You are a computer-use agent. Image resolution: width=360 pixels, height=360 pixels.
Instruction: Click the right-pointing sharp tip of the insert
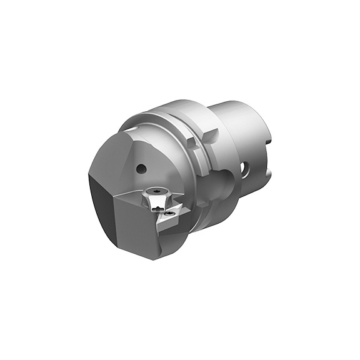[x=182, y=211]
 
